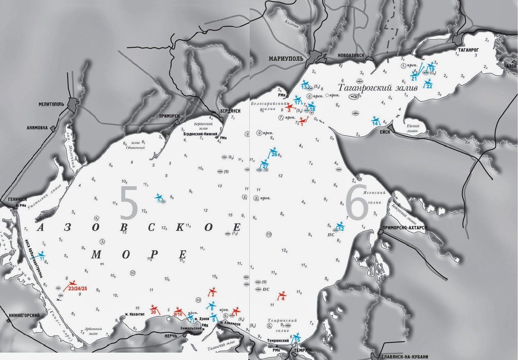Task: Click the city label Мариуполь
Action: [286, 59]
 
